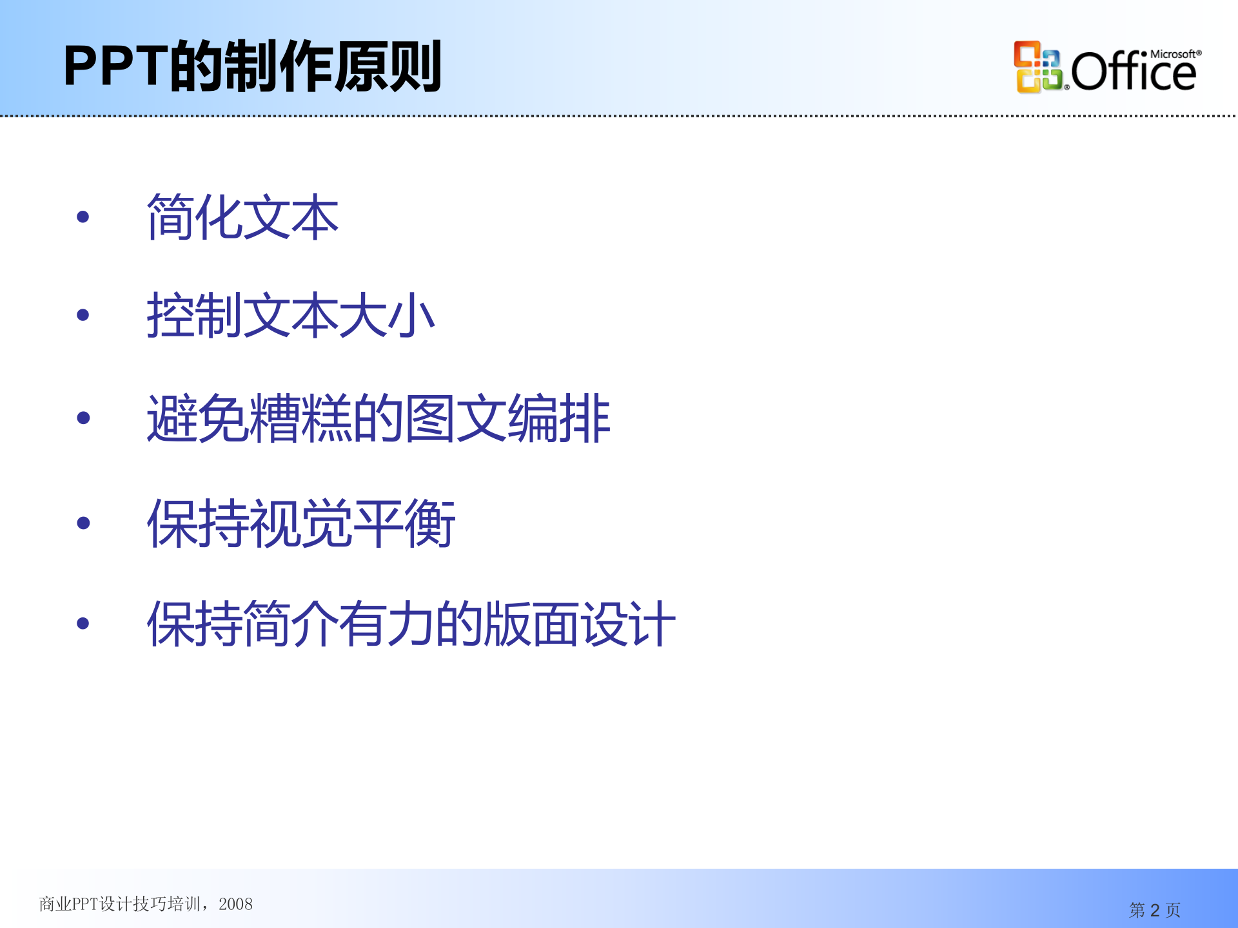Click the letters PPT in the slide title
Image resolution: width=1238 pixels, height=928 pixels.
(115, 66)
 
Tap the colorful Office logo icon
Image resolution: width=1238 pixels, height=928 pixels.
(1037, 67)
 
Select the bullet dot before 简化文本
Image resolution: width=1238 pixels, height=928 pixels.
(83, 217)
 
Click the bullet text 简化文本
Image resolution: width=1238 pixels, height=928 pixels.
(242, 217)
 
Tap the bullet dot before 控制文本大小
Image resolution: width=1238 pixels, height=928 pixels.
(83, 315)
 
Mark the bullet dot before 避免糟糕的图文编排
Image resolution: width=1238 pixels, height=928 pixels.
(83, 418)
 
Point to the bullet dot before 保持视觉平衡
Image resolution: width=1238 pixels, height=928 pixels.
(83, 523)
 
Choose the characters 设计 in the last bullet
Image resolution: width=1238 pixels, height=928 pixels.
(628, 623)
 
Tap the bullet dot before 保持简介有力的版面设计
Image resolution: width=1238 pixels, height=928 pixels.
(83, 623)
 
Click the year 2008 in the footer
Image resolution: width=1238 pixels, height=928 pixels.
(235, 904)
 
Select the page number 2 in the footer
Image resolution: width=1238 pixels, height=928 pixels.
(1155, 910)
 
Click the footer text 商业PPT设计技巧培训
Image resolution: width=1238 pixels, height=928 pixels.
(119, 904)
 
